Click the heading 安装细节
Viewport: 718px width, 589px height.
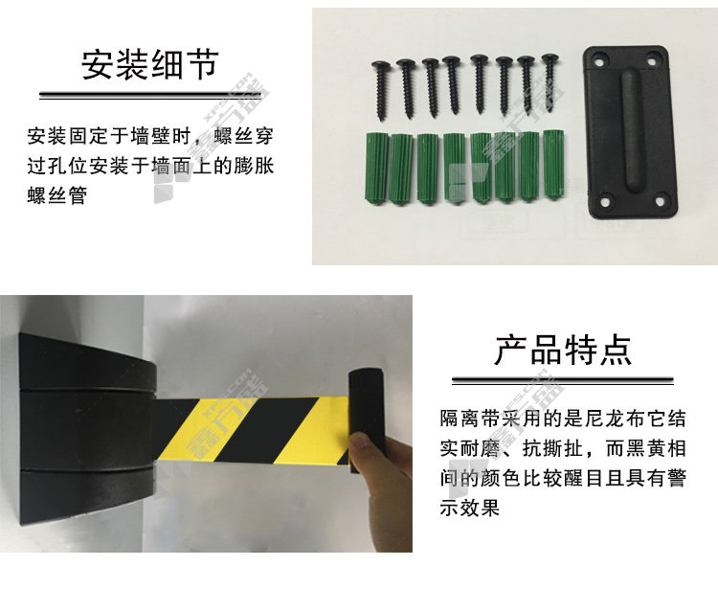tap(149, 64)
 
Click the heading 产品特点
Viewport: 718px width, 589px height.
tap(563, 350)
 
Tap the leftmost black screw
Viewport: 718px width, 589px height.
tap(381, 90)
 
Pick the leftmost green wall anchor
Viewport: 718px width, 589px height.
tap(376, 168)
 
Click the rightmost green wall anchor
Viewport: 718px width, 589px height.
tap(552, 165)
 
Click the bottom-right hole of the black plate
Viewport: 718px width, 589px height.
tap(660, 201)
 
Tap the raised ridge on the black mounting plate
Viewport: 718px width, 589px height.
tap(632, 129)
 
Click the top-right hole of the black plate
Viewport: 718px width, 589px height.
tap(652, 58)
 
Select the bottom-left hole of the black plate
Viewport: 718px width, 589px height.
tap(605, 201)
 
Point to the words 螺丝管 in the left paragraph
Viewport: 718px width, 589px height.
tap(56, 194)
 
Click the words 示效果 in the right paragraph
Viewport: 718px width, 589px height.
tap(470, 508)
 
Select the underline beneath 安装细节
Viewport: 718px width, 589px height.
tap(150, 96)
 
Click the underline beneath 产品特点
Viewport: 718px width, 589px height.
tap(563, 380)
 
